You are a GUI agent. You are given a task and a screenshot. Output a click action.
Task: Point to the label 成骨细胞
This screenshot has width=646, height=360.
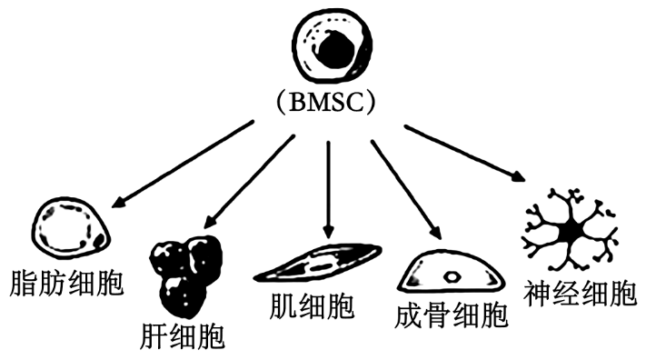[x=452, y=315]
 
